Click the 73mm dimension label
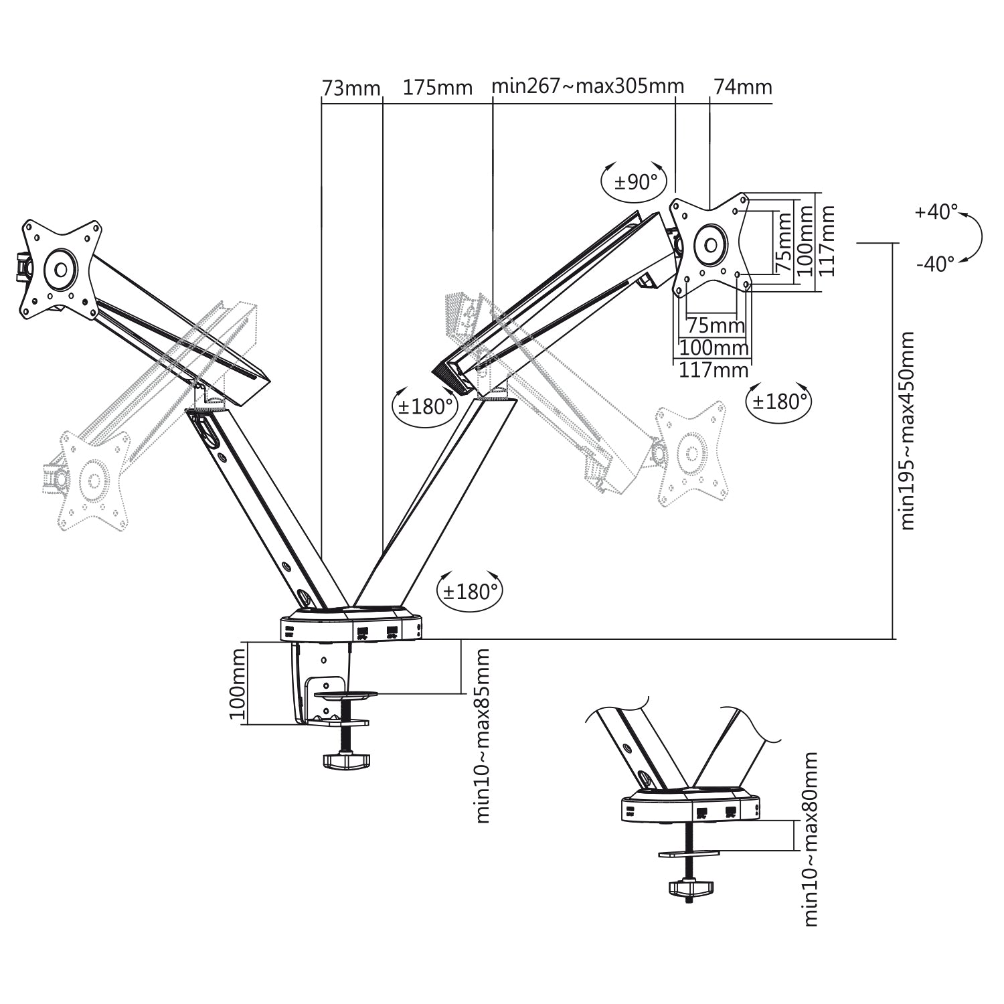pyautogui.click(x=351, y=88)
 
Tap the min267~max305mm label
pyautogui.click(x=588, y=86)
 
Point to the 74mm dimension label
pyautogui.click(x=743, y=87)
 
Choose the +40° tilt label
pyautogui.click(x=936, y=212)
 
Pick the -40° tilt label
pyautogui.click(x=935, y=264)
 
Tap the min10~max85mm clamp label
pyautogui.click(x=482, y=735)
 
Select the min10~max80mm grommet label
pyautogui.click(x=811, y=839)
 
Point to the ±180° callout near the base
pyautogui.click(x=471, y=591)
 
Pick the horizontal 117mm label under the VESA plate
pyautogui.click(x=714, y=370)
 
